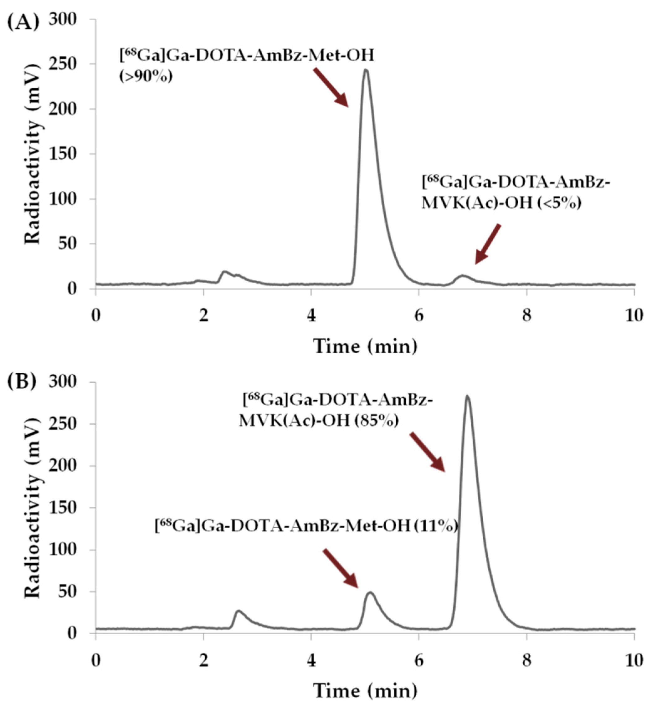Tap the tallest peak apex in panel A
click(366, 70)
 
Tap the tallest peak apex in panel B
click(467, 396)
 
